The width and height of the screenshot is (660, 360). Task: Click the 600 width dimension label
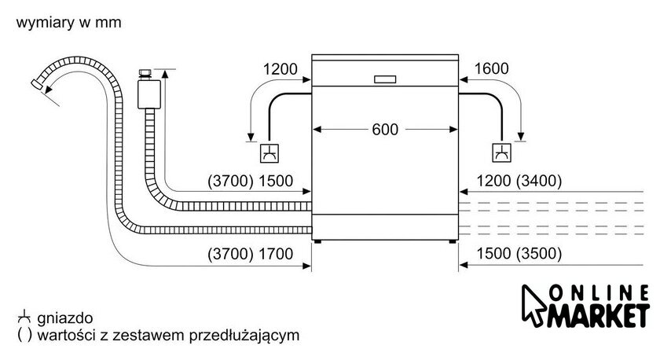(385, 129)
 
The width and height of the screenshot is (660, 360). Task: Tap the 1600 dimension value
(491, 68)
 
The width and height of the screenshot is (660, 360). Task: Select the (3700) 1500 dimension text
(250, 181)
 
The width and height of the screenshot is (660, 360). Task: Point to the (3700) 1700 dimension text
(250, 254)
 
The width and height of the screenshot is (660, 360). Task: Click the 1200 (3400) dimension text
(519, 181)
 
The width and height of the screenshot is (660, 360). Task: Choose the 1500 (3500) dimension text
(519, 253)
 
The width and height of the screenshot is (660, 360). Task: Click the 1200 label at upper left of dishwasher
(280, 69)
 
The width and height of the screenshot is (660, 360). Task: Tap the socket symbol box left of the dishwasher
(269, 152)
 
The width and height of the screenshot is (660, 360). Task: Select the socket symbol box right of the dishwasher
(502, 152)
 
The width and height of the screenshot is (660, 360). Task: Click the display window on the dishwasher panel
(385, 79)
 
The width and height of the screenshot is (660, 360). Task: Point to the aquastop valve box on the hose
(149, 94)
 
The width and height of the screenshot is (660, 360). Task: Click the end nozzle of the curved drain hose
(37, 84)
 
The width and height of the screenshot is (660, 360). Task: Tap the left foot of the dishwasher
(317, 241)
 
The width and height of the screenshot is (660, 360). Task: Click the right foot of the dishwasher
(452, 241)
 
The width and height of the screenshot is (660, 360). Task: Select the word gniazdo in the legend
(64, 318)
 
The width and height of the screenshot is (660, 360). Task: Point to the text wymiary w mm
(68, 22)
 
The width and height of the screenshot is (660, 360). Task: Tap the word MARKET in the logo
(598, 315)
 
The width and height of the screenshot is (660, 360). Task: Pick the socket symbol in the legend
(25, 316)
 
